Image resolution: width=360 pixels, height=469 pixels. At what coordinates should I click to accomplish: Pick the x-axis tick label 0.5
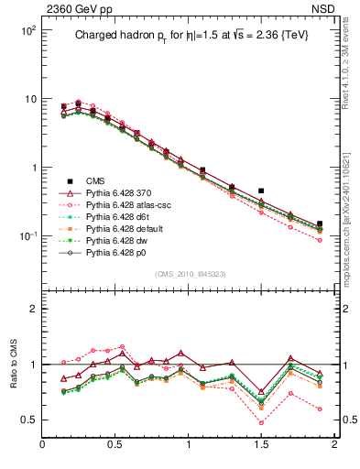(x=115, y=445)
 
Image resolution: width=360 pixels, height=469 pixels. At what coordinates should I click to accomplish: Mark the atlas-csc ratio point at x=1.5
(x=261, y=422)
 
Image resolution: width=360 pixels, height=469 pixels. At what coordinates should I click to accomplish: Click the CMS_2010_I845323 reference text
(x=189, y=274)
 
